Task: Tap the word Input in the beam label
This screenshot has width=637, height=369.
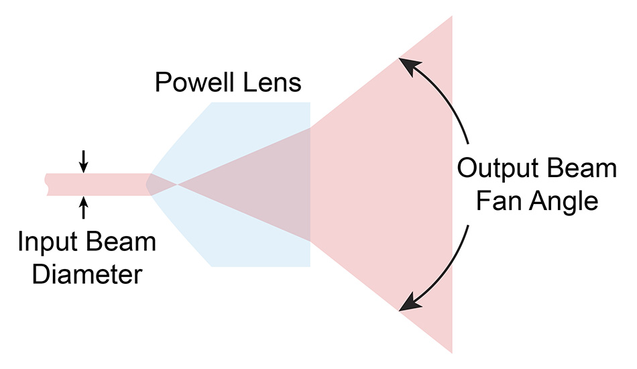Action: (x=46, y=242)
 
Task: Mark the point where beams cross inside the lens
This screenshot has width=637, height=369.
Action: (x=177, y=184)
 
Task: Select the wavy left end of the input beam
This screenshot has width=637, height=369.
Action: (x=46, y=184)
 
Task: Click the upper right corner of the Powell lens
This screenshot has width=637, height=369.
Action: (x=309, y=103)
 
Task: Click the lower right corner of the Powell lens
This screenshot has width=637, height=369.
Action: (x=309, y=266)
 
